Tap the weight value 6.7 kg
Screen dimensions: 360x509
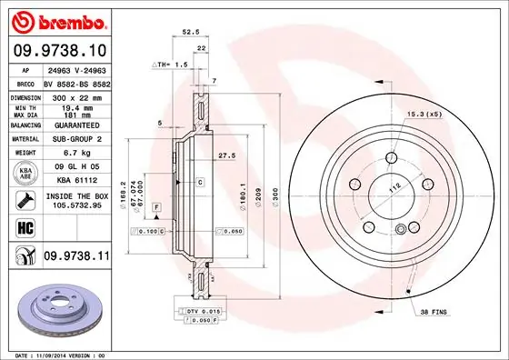point(76,154)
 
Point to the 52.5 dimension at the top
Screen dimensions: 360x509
point(192,32)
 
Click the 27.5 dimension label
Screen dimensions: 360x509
point(226,156)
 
